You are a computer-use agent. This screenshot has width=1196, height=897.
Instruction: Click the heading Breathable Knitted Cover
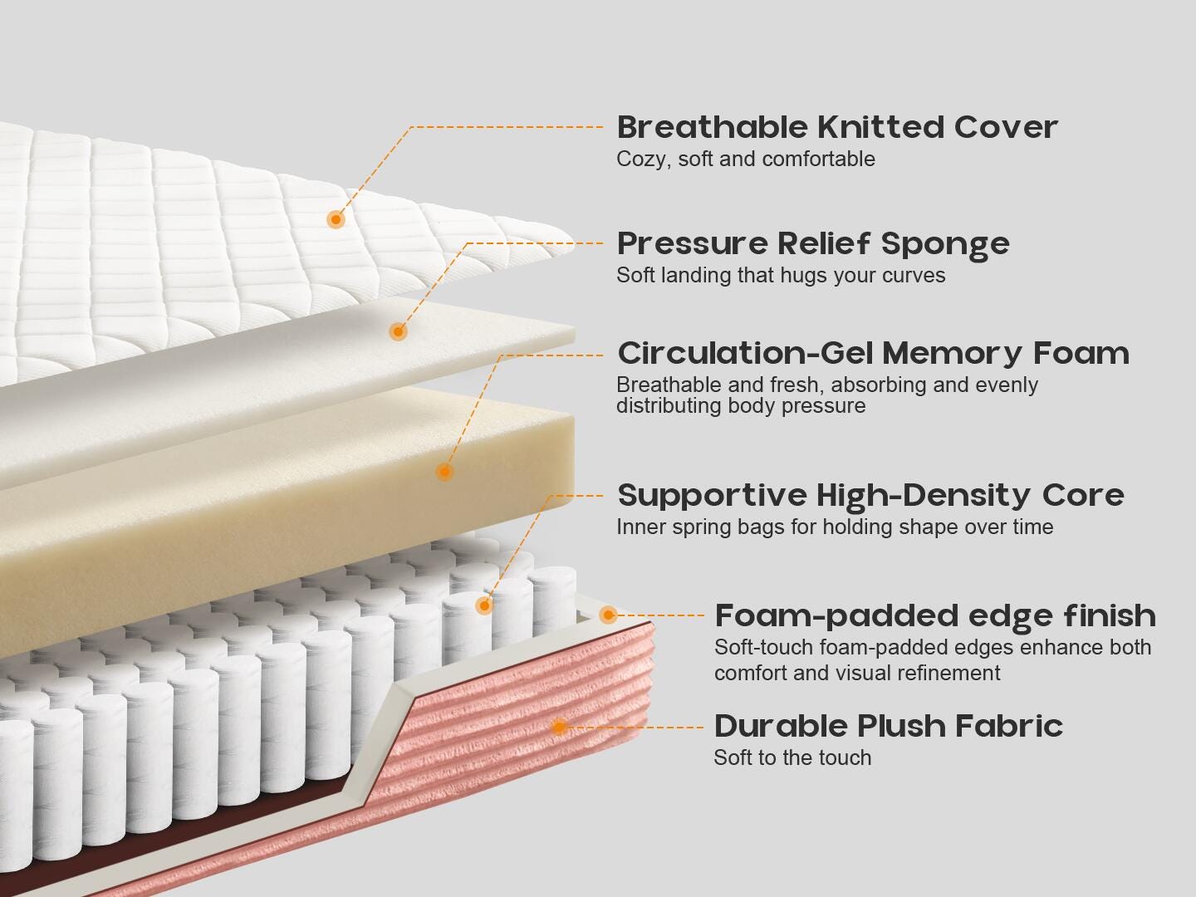(837, 127)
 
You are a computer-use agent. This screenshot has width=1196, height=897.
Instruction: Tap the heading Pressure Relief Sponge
(813, 244)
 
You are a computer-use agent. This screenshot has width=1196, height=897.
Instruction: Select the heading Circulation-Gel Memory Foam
(873, 354)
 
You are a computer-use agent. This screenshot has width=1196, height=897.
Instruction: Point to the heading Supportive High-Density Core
(870, 496)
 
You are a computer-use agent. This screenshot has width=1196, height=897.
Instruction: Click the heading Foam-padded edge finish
(935, 616)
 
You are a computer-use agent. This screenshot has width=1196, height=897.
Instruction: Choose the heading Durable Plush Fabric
(888, 726)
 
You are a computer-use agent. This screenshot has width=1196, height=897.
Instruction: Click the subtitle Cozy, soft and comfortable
(745, 159)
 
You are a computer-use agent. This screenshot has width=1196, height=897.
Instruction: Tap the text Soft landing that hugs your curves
(781, 276)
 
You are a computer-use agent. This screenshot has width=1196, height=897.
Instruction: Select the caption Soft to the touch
(792, 757)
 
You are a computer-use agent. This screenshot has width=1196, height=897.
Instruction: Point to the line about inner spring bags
(835, 527)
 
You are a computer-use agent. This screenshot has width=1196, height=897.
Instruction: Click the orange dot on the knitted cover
(336, 219)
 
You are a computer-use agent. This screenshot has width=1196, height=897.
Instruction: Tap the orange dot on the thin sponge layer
(399, 331)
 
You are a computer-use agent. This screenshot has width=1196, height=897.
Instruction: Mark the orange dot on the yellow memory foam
(444, 471)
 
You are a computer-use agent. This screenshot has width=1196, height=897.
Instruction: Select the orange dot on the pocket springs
(484, 605)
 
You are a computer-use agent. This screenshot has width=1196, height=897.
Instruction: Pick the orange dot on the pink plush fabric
(559, 727)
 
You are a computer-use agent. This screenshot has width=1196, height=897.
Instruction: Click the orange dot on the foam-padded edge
(608, 615)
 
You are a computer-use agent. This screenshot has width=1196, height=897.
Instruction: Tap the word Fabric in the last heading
(1009, 726)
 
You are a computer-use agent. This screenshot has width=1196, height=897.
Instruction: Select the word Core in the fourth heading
(1083, 496)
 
